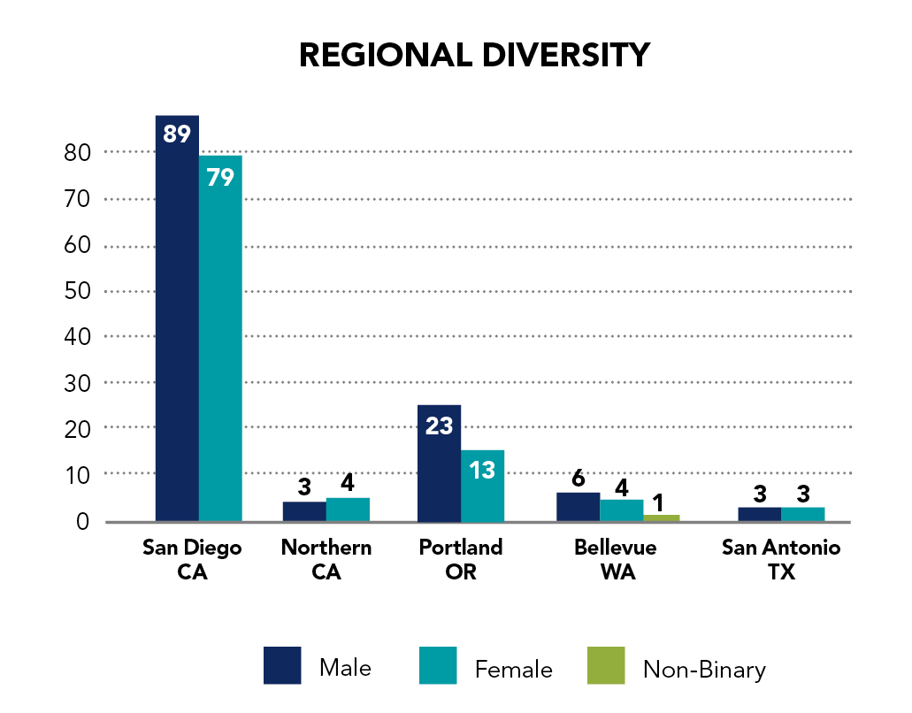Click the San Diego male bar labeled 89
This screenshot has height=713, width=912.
177,318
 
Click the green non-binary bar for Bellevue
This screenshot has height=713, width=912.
661,517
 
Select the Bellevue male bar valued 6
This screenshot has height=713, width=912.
579,507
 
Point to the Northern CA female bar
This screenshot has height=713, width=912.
348,510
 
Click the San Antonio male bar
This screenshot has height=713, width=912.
759,514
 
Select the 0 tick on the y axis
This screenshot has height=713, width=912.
82,521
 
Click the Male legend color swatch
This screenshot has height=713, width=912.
282,665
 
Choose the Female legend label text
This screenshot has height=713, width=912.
513,670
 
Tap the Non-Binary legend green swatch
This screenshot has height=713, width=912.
606,665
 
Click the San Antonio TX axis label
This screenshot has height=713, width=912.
781,559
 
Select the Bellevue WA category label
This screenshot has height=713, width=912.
616,559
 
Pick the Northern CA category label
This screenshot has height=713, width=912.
326,559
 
